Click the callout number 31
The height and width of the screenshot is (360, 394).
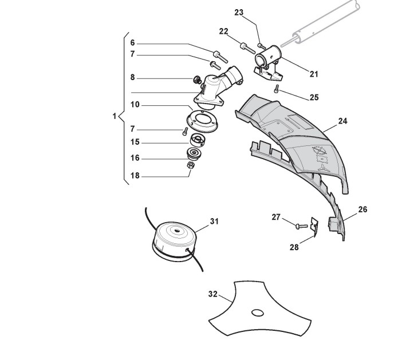click(x=198, y=221)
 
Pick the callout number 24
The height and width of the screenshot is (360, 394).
click(x=343, y=121)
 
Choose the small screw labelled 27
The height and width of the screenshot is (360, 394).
click(x=298, y=226)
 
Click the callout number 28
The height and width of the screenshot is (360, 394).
click(x=294, y=247)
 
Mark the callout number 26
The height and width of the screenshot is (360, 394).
click(x=362, y=209)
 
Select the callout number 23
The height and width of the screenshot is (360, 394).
click(x=239, y=12)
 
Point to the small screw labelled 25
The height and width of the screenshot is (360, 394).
click(x=277, y=89)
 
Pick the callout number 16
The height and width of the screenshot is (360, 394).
click(x=135, y=159)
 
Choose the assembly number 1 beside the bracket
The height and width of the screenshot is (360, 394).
click(x=115, y=116)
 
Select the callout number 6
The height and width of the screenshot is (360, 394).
click(x=132, y=43)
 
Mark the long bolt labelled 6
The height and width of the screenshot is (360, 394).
click(x=220, y=56)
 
